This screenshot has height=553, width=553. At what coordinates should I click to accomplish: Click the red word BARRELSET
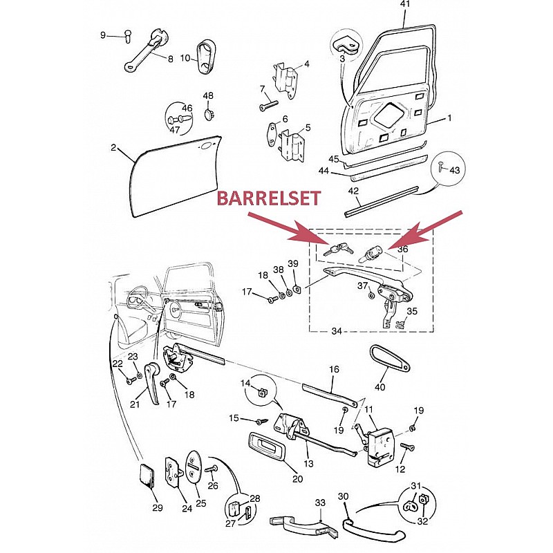tap(269, 198)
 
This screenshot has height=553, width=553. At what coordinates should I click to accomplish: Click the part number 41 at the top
tap(405, 4)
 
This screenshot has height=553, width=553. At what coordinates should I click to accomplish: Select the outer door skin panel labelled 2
tap(176, 176)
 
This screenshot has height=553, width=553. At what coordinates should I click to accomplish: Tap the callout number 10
tap(185, 58)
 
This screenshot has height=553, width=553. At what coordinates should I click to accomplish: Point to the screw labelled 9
tap(129, 36)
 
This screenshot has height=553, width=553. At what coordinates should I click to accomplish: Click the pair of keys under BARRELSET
tap(337, 250)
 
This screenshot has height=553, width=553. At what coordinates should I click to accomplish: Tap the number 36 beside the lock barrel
tap(403, 249)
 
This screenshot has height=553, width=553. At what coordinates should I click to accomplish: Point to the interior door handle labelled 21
tap(153, 384)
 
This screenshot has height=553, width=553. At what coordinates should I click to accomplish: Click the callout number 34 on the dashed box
tap(337, 331)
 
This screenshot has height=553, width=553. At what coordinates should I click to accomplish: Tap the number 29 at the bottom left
tap(158, 508)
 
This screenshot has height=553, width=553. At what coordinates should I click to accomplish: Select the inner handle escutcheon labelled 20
tap(266, 446)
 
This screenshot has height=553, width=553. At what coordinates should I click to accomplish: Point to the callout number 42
tap(353, 191)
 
